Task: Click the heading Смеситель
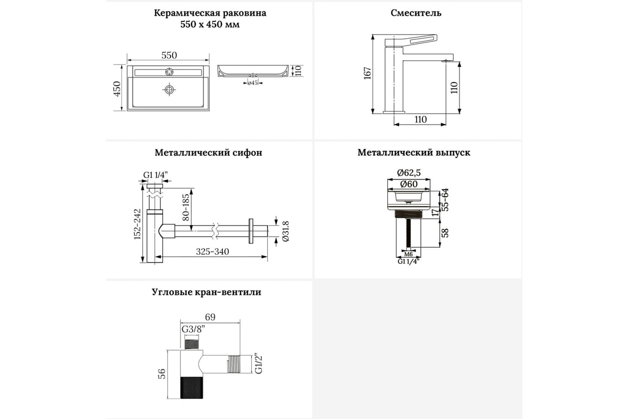[x=416, y=13]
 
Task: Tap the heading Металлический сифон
[x=208, y=153]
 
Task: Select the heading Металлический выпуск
[x=414, y=153]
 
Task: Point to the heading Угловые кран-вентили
[x=207, y=292]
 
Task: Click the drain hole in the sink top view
[x=169, y=90]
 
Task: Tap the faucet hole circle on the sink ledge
[x=169, y=71]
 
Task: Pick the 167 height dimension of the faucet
[x=367, y=73]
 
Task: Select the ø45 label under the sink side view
[x=253, y=83]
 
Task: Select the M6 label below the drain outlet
[x=409, y=254]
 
